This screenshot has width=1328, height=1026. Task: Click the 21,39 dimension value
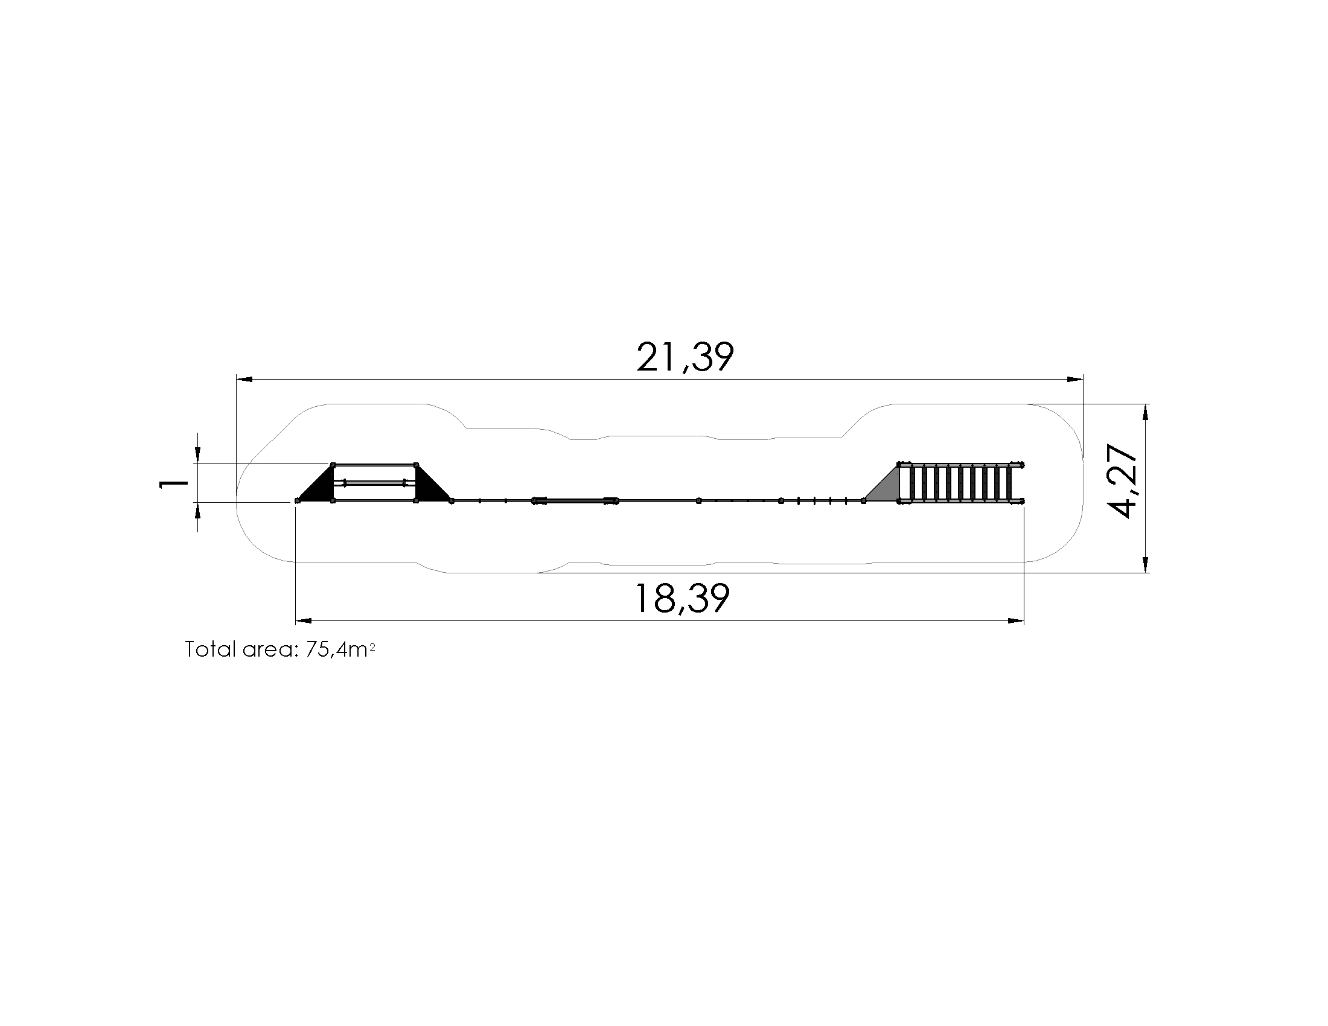tap(685, 357)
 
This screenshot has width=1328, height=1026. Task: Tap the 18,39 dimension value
tap(682, 598)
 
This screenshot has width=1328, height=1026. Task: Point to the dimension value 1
tap(173, 483)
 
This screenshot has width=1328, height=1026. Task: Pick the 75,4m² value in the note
tap(340, 650)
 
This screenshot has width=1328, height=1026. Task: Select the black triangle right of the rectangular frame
tap(433, 485)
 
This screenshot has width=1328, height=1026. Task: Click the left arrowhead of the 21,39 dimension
tap(244, 380)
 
